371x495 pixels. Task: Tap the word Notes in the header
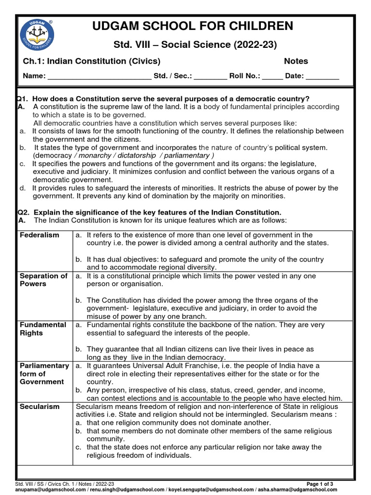pos(296,61)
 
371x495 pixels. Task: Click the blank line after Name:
pos(100,76)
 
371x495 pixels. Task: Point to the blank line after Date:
pos(323,76)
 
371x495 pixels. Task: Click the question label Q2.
pos(23,213)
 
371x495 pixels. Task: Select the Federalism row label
pos(40,235)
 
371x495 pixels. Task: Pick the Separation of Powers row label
pos(43,280)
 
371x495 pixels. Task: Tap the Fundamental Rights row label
pos(43,329)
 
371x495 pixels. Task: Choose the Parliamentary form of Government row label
pos(44,374)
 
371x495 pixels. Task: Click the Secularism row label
pos(40,407)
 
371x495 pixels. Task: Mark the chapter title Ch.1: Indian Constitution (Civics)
pos(92,61)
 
